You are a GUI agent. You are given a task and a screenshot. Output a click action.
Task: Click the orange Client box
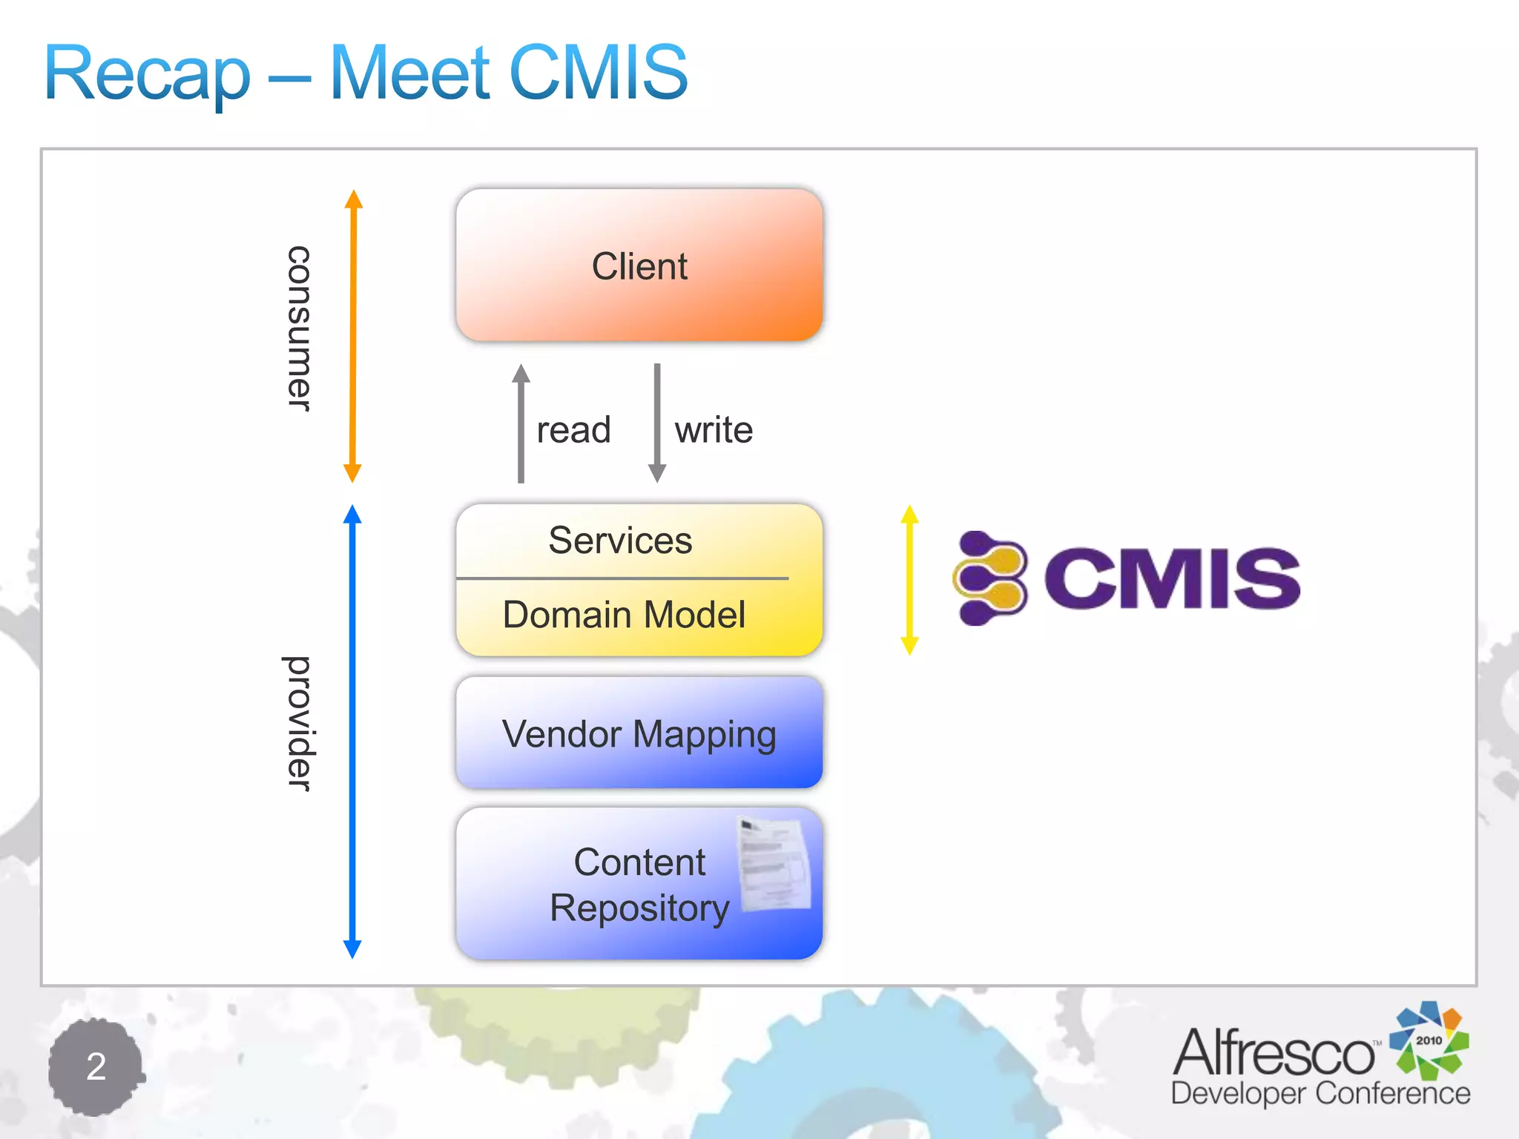pos(639,265)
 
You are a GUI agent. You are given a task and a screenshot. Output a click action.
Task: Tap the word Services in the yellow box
pos(620,540)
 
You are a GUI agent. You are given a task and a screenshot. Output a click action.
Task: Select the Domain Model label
pos(624,615)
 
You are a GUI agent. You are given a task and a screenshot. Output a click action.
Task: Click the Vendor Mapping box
pos(639,733)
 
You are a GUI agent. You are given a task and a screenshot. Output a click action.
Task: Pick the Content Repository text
pos(639,885)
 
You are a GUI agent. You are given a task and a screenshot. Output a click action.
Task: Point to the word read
pos(573,430)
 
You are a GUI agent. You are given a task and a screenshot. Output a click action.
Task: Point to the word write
pos(714,430)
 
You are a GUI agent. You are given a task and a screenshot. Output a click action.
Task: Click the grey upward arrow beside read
pos(521,423)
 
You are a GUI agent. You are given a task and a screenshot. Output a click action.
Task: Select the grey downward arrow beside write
pos(657,423)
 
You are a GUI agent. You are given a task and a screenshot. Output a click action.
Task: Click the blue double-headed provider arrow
pos(352,730)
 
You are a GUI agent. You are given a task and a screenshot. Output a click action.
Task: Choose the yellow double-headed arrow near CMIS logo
pos(910,580)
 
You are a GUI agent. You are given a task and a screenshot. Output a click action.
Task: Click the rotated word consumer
pos(299,329)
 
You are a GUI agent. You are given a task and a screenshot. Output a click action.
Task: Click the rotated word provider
pos(299,723)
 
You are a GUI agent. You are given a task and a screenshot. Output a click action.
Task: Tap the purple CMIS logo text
pos(1172,579)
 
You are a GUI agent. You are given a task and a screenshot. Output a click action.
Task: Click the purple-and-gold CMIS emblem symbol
pos(990,578)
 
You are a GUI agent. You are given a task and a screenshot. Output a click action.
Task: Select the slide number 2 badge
pos(96,1066)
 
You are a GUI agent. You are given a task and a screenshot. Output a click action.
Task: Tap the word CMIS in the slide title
pos(599,72)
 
